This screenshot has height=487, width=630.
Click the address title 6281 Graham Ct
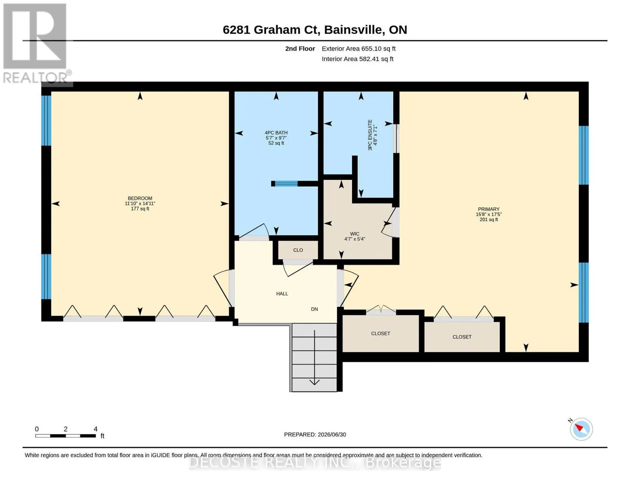point(271,30)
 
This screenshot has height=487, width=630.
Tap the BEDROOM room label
point(140,198)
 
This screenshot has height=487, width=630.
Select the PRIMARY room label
point(488,209)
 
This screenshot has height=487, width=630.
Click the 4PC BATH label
point(276,133)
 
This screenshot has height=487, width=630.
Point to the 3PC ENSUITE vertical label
point(370,135)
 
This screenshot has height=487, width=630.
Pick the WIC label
point(355,234)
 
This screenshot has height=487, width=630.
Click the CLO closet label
point(298,250)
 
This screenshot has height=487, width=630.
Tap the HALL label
point(282,293)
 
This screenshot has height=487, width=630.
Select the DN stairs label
point(314,309)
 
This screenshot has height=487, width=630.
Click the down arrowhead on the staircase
point(314,382)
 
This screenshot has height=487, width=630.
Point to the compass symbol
point(581,429)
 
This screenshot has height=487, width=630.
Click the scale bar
point(66,436)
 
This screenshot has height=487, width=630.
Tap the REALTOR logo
point(35,43)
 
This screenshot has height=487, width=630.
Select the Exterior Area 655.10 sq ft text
point(359,49)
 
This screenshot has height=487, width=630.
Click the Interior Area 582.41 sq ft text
point(357,59)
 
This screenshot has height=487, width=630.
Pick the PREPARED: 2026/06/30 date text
point(315,435)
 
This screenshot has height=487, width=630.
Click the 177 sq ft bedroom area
point(140,209)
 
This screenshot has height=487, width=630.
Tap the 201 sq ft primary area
point(488,220)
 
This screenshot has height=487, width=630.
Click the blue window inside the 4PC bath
point(286,183)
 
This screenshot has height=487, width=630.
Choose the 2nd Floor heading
point(300,49)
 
